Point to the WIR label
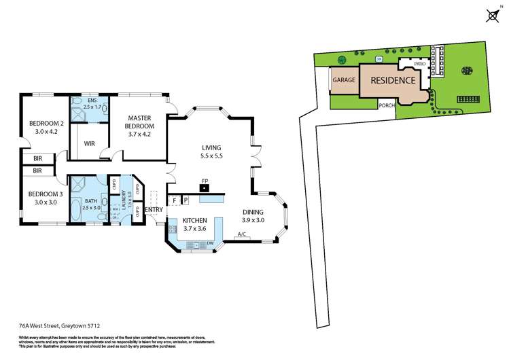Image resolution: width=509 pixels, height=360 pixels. (x=90, y=144)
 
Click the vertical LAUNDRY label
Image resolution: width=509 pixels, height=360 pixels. (x=125, y=201)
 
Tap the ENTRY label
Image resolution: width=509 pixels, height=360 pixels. (x=154, y=209)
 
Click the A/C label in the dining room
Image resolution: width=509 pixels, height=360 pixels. (x=241, y=235)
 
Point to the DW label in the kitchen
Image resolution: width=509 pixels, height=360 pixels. (x=211, y=244)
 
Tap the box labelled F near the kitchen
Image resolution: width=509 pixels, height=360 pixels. (x=174, y=200)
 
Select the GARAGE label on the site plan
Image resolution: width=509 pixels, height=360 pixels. (x=343, y=80)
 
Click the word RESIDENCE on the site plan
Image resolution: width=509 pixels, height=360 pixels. (x=392, y=80)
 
